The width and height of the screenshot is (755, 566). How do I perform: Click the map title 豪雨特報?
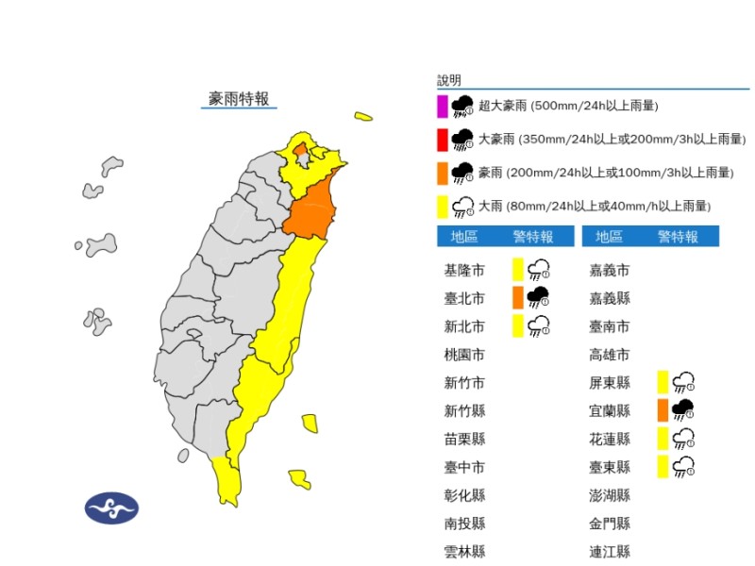tap(239, 98)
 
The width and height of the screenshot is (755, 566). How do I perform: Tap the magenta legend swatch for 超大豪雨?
tap(442, 106)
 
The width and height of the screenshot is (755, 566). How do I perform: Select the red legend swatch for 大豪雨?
tap(442, 140)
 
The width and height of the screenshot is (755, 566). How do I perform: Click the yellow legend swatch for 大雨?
tap(442, 205)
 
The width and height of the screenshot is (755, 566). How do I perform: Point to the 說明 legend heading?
tap(449, 80)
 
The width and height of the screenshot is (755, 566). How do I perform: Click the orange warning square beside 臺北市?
tap(517, 298)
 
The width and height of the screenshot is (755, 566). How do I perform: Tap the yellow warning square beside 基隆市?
tap(517, 271)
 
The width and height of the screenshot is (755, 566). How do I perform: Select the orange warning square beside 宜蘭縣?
tap(663, 409)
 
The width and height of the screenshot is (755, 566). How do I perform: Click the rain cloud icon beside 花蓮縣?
tap(684, 438)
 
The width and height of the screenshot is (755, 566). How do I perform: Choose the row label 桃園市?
tap(464, 355)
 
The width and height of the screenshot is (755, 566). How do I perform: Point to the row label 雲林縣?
tap(464, 551)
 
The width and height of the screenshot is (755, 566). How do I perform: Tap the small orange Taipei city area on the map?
tap(299, 150)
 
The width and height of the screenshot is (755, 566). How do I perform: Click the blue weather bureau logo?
tap(111, 508)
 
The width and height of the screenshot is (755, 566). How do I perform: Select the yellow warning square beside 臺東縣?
tap(663, 465)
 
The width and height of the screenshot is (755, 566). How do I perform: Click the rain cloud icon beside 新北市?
tap(540, 326)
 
